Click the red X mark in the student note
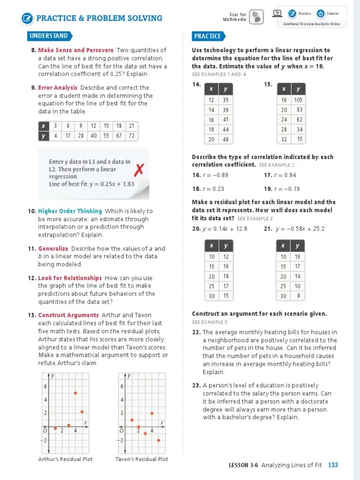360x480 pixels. tap(139, 170)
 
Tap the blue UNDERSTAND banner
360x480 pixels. tap(49, 36)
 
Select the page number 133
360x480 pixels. tap(333, 465)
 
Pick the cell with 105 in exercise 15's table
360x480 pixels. tap(299, 100)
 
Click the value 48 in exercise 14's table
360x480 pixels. tap(225, 140)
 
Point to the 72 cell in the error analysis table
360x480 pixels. tap(132, 136)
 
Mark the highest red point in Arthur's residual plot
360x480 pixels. tap(75, 393)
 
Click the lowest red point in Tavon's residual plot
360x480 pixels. tap(158, 440)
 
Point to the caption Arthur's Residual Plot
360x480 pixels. tap(65, 459)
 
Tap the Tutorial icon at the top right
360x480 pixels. tap(321, 14)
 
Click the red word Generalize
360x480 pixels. tap(53, 248)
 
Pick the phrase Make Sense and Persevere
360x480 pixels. tap(75, 50)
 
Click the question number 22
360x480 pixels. tap(196, 332)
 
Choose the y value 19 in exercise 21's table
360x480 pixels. tap(298, 257)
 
